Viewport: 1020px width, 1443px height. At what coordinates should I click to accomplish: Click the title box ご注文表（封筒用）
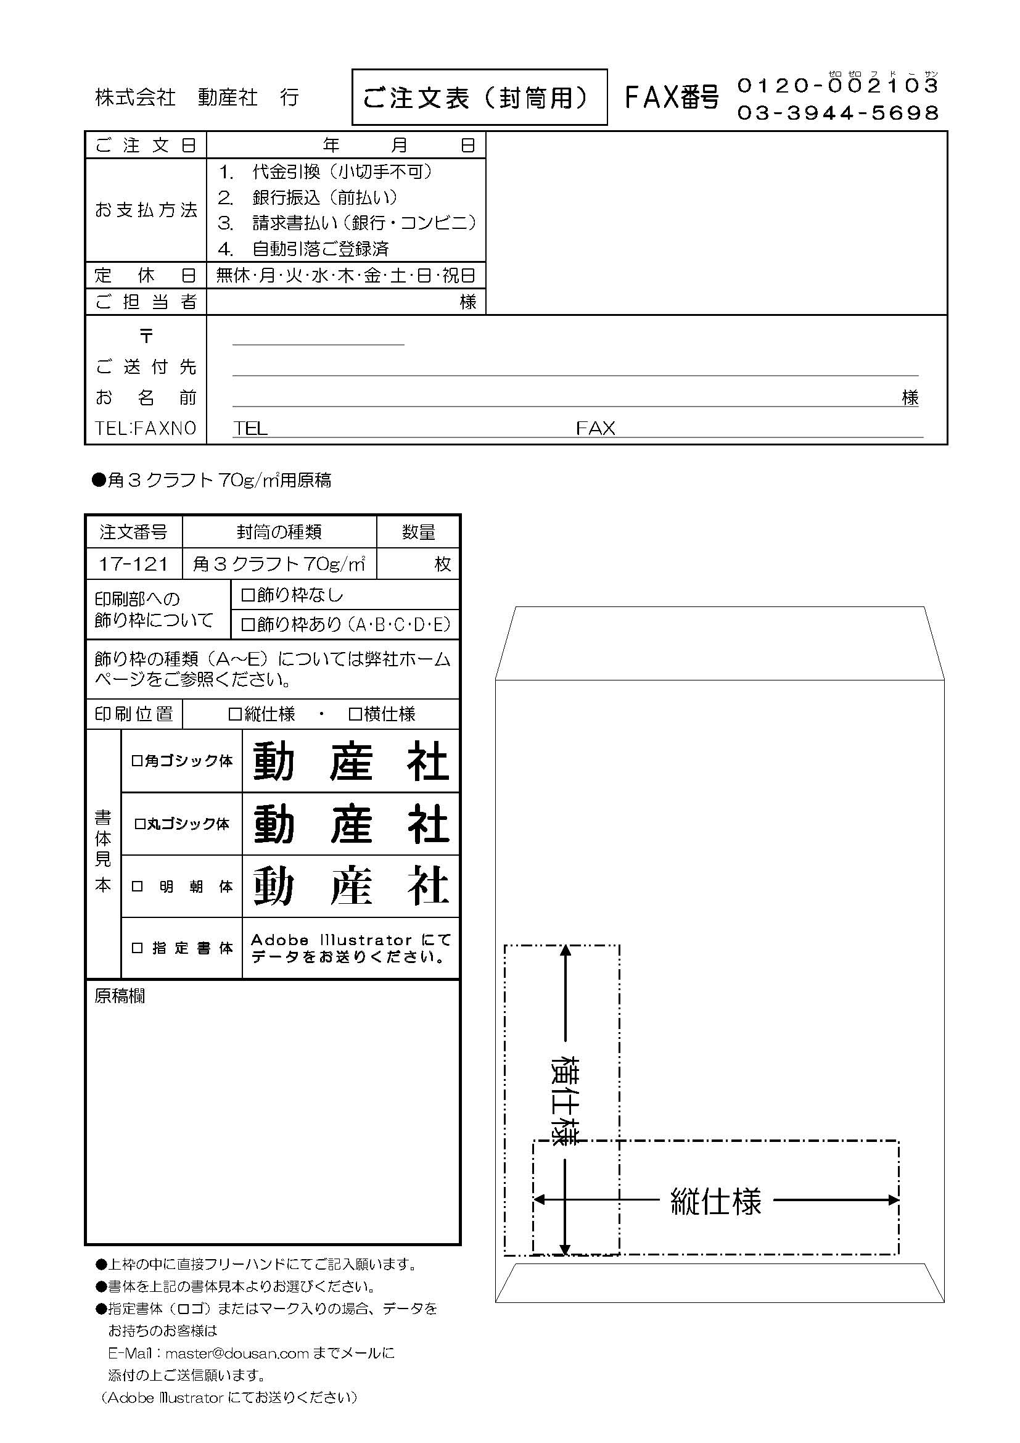coord(479,97)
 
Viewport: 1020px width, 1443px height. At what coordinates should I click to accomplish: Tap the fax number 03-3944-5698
coord(837,113)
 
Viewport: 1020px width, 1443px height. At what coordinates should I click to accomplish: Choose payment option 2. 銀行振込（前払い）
coord(308,197)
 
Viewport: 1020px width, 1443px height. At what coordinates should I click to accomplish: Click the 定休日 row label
coord(146,275)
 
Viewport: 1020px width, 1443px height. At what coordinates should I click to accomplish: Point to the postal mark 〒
coord(146,336)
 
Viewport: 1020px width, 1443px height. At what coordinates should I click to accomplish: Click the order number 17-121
coord(133,564)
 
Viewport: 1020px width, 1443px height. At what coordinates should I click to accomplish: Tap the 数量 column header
coord(418,532)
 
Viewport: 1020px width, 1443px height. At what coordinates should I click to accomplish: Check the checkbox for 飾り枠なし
coord(248,595)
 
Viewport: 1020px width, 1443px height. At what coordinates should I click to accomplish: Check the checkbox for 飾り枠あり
coord(248,625)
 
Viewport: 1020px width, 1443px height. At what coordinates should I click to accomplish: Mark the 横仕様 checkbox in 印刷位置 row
coord(355,714)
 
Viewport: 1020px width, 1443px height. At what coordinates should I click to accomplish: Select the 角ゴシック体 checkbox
coord(137,761)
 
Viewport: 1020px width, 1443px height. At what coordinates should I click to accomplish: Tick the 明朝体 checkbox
coord(137,887)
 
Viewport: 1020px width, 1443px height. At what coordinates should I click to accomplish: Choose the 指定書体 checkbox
coord(137,948)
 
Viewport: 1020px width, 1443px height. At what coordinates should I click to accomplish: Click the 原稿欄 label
coord(120,997)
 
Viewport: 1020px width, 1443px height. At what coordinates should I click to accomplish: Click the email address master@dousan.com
coord(237,1353)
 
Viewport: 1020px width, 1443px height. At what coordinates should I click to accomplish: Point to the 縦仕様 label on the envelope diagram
coord(715,1202)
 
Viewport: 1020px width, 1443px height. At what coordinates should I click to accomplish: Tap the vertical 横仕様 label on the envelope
coord(564,1099)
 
